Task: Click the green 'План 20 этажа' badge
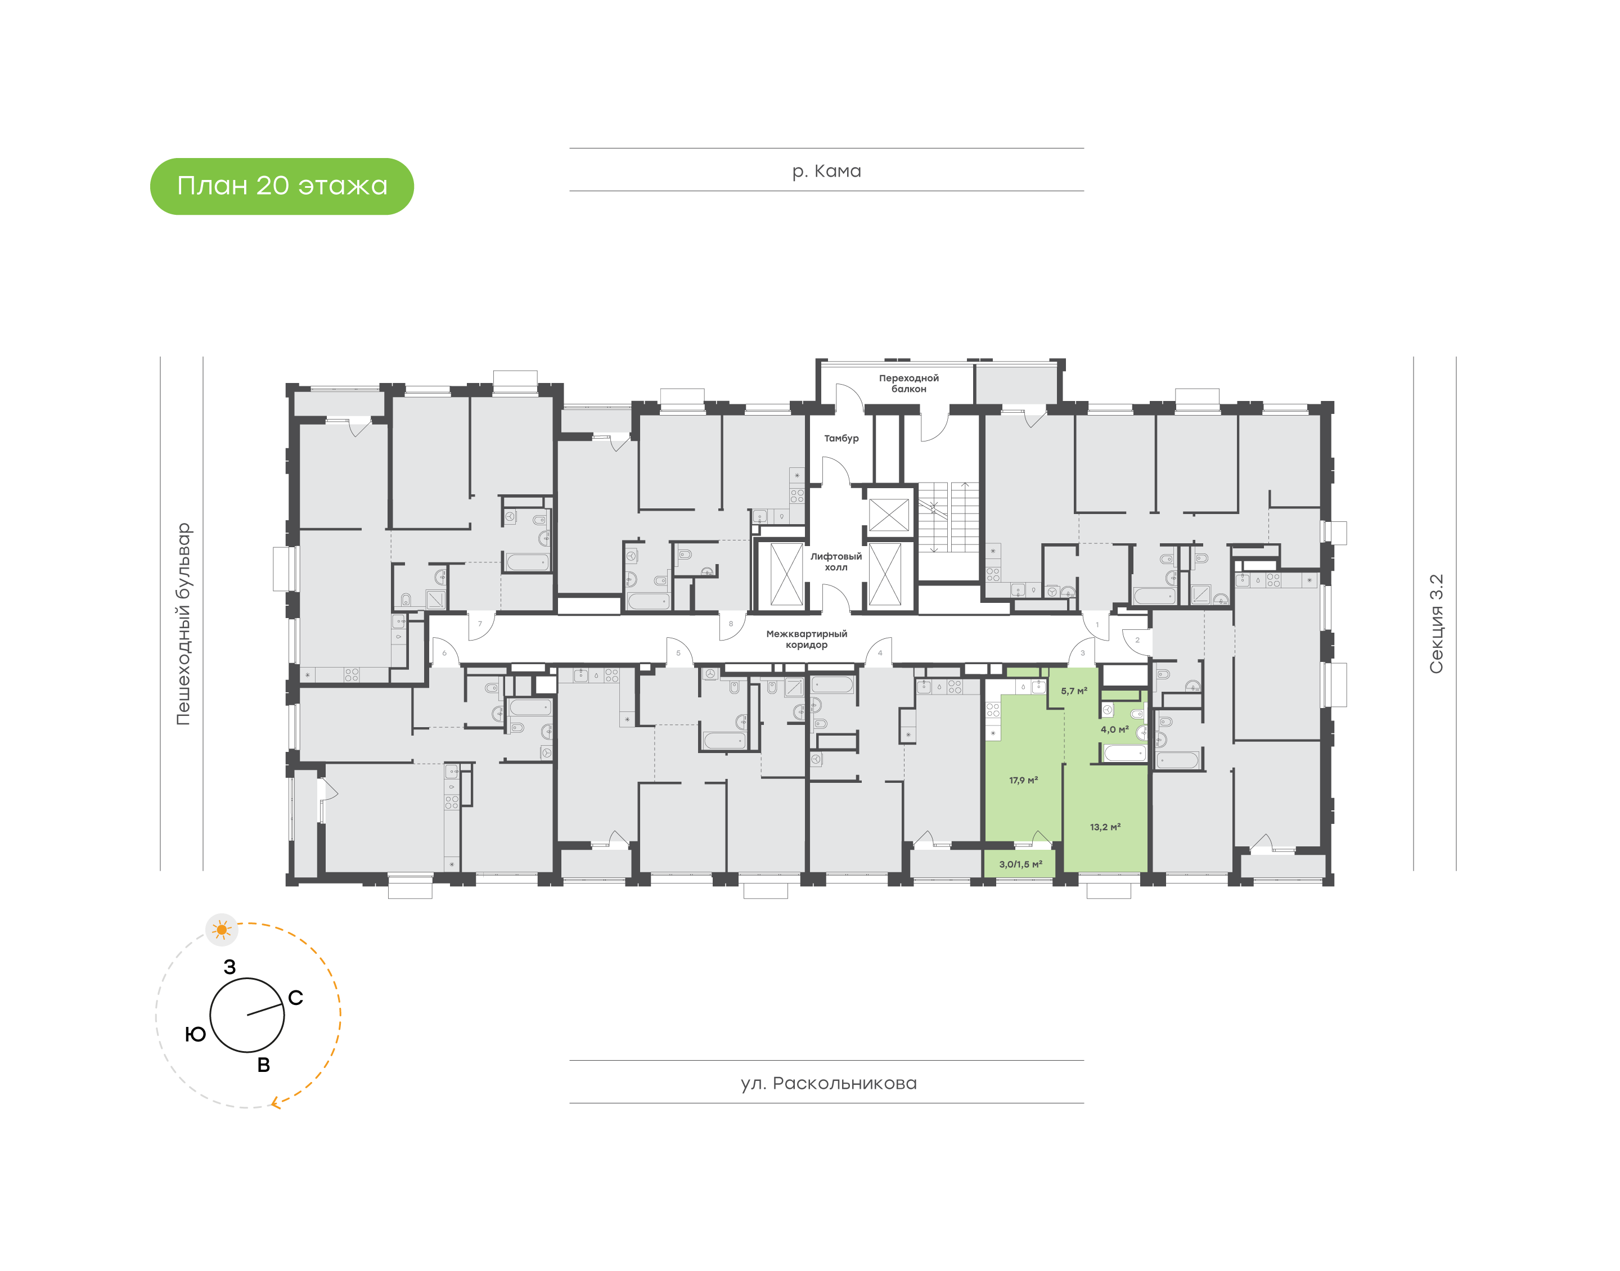coord(281,186)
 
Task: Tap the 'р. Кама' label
coord(826,171)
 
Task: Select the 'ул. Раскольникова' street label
coord(828,1083)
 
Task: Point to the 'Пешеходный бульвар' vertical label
coord(183,624)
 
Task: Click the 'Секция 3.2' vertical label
coord(1435,624)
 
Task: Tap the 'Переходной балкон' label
coord(908,383)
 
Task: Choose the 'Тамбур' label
coord(841,438)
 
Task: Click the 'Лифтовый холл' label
coord(836,562)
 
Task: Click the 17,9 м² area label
coord(1023,781)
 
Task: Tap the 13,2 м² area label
coord(1105,827)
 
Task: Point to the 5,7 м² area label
coord(1074,691)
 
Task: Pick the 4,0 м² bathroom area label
coord(1114,730)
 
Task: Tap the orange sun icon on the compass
coord(221,930)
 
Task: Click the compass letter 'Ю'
coord(195,1034)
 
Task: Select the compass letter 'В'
coord(263,1065)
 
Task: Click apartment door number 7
coord(480,624)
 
